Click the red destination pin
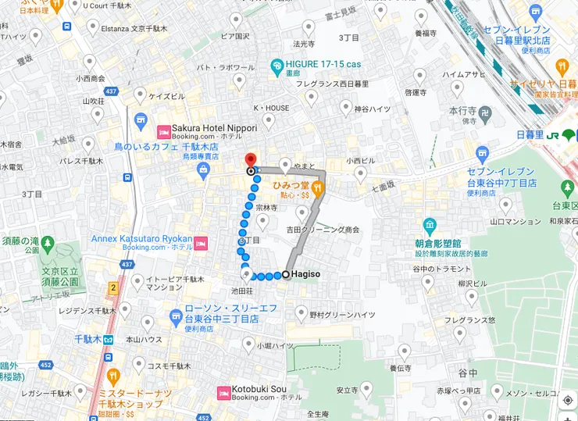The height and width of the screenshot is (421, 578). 251,159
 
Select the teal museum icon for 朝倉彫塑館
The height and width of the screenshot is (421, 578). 430,226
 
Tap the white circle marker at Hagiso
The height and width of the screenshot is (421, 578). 286,275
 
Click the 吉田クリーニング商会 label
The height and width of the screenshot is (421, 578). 323,230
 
